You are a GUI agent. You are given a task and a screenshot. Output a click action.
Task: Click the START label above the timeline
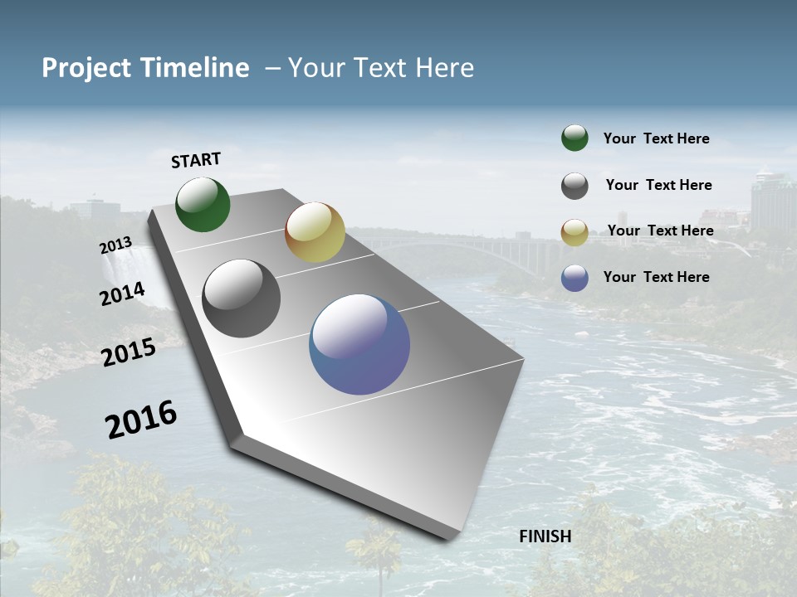click(196, 160)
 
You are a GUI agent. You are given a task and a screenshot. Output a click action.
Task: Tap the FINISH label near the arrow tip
click(545, 536)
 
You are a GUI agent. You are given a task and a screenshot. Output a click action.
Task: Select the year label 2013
click(115, 245)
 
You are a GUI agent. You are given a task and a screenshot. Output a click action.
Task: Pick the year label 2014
click(122, 294)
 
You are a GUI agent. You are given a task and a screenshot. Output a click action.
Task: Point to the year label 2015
click(129, 352)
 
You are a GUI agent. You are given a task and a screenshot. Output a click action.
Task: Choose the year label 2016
click(141, 420)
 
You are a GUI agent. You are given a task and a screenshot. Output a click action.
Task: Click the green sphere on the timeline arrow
click(203, 205)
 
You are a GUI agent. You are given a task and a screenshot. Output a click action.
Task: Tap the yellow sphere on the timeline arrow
click(315, 232)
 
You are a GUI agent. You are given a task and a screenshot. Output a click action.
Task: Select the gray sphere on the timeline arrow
click(241, 298)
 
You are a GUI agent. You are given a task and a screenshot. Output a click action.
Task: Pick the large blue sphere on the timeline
click(359, 344)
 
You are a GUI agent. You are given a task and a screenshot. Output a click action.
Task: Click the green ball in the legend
click(575, 138)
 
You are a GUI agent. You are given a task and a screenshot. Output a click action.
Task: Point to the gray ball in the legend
click(575, 186)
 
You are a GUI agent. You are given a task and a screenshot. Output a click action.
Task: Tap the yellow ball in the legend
click(575, 232)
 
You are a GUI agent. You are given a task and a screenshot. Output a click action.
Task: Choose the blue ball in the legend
click(575, 278)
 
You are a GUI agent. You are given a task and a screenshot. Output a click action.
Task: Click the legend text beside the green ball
click(656, 139)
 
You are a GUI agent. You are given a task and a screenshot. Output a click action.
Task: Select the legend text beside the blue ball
click(656, 277)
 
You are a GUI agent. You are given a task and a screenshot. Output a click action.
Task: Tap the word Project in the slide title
click(87, 68)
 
